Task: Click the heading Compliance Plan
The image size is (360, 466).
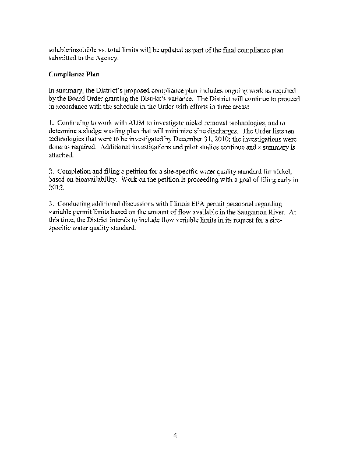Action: pyautogui.click(x=75, y=75)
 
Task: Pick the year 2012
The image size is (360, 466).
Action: pyautogui.click(x=57, y=188)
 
